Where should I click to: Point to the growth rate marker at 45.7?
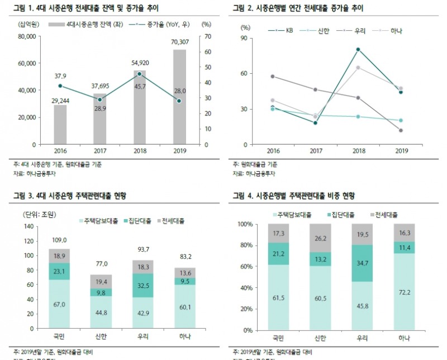pyautogui.click(x=140, y=74)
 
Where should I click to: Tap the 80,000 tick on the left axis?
pyautogui.click(x=25, y=37)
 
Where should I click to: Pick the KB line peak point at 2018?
pyautogui.click(x=358, y=49)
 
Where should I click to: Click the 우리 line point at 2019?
pyautogui.click(x=401, y=130)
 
